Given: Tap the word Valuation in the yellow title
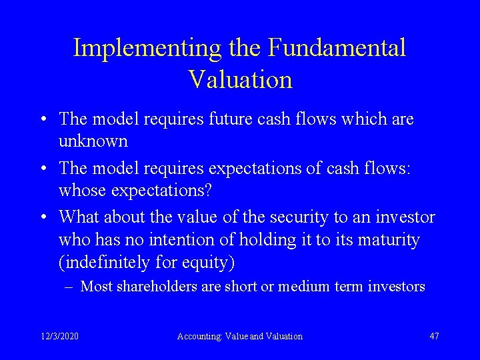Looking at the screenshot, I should pos(240,79).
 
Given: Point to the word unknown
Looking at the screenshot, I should pos(93,141).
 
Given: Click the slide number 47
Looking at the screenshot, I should pos(434,336).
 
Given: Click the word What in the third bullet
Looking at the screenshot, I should pos(77,217).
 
